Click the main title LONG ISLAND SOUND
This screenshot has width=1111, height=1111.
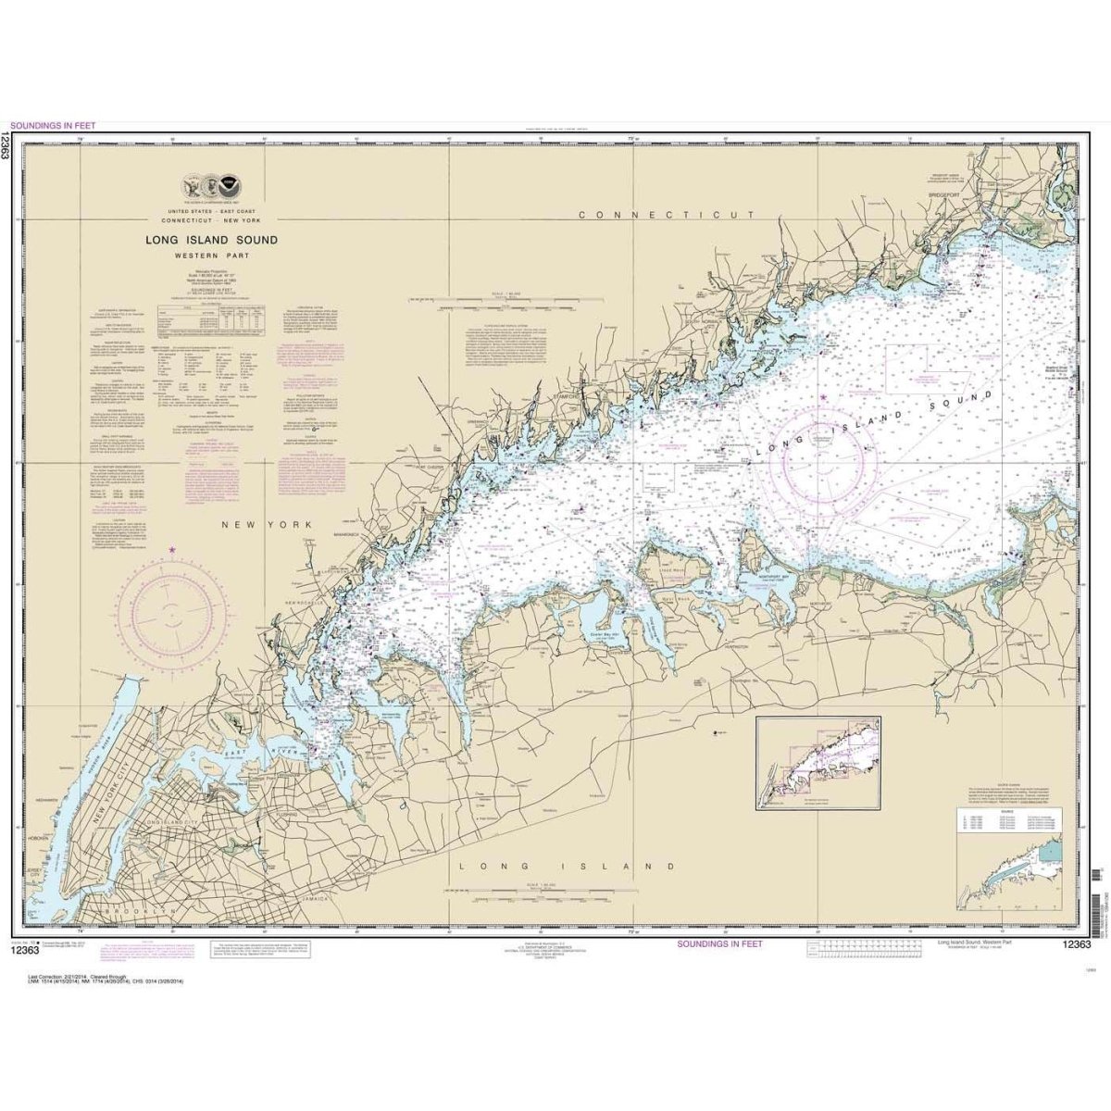pos(211,240)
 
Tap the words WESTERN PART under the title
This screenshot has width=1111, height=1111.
pos(211,256)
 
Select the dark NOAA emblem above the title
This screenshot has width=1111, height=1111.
pos(227,183)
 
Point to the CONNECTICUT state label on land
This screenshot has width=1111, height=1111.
pos(667,215)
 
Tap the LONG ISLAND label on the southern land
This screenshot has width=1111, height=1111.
pos(568,867)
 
